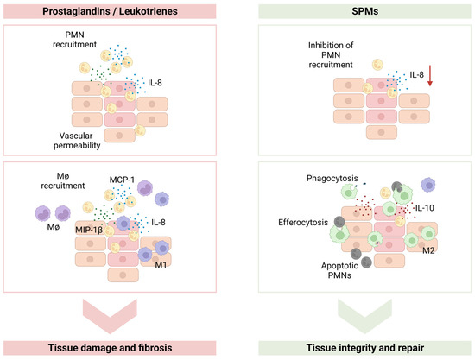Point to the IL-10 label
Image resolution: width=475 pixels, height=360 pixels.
[x=402, y=209]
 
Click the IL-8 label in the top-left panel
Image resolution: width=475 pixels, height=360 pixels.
[x=159, y=85]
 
